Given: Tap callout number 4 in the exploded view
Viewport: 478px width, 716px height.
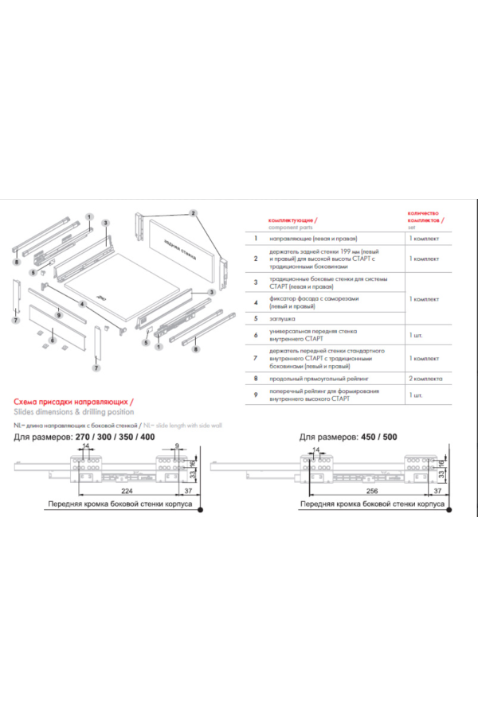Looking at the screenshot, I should pos(82,303).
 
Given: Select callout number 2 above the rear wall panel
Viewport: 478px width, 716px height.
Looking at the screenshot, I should pos(193,213).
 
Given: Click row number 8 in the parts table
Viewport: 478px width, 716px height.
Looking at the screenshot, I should pos(256,381).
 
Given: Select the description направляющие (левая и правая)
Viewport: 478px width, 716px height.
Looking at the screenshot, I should pos(313,238).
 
